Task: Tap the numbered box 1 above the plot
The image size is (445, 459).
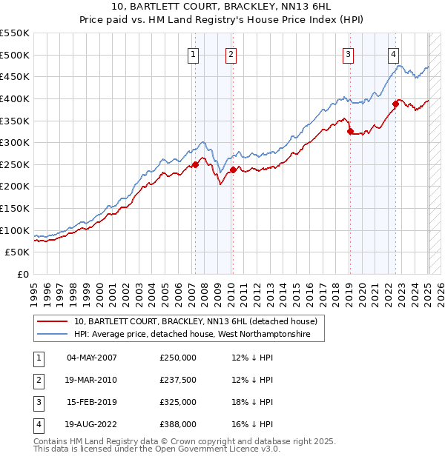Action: click(x=194, y=53)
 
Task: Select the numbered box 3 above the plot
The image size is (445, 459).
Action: click(x=348, y=53)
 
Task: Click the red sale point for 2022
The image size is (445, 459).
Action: click(x=396, y=104)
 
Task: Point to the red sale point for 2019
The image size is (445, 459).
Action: click(x=350, y=132)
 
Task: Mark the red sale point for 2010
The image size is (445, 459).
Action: click(x=233, y=170)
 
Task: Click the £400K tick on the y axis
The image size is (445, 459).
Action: click(x=15, y=98)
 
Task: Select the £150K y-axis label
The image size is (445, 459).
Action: click(x=15, y=208)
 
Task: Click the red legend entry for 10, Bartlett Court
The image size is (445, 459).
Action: click(x=196, y=321)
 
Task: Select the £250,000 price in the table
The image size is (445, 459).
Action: click(x=178, y=358)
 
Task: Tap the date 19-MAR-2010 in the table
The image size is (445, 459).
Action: click(x=92, y=380)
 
